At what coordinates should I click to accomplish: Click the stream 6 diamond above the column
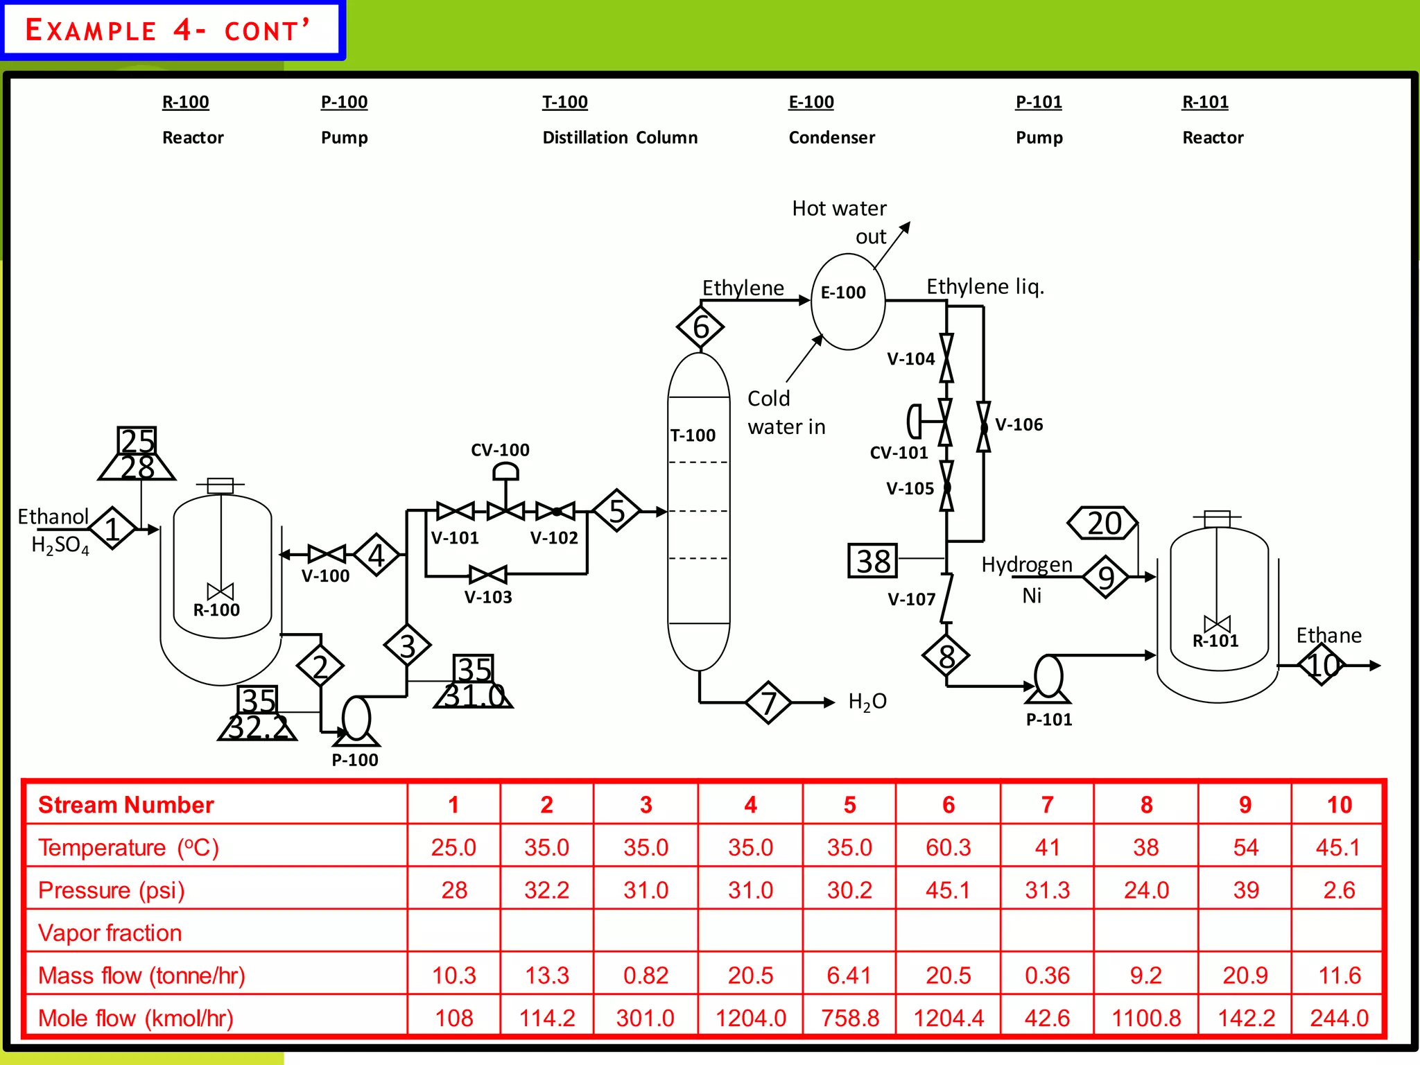point(700,327)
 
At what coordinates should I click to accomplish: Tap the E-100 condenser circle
point(847,301)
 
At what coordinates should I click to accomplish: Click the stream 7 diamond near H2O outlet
point(768,702)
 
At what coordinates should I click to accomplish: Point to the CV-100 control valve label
point(500,450)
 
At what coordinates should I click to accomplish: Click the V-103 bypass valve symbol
point(488,574)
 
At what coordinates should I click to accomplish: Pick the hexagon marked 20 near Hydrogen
point(1103,523)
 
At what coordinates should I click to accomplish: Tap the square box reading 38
point(873,561)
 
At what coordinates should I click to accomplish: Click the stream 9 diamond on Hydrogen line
point(1106,577)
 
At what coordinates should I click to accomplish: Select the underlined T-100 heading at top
point(564,102)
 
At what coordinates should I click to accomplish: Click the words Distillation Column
point(620,137)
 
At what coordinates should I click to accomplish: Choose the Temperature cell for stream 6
point(948,847)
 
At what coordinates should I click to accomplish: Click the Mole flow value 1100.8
point(1145,1018)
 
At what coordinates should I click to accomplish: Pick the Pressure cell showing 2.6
point(1338,890)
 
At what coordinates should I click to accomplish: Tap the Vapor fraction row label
point(110,933)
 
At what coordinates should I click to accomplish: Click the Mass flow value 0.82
point(646,976)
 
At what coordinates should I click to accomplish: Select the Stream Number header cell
point(126,805)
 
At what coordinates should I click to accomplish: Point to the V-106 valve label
point(1019,424)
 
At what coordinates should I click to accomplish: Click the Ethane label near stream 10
point(1328,635)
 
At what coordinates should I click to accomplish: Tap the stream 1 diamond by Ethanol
point(112,528)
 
